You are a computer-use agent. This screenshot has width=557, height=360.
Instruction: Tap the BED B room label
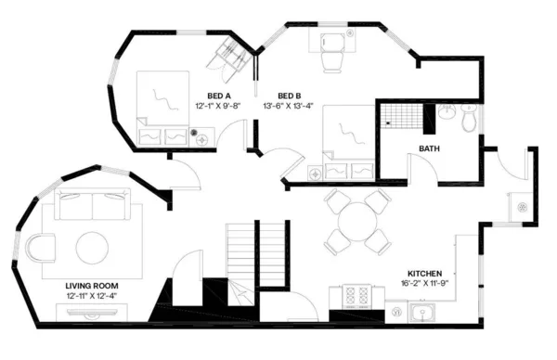[290, 96]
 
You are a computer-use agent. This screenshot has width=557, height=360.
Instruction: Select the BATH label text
[429, 148]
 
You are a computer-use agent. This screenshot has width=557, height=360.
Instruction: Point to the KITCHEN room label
[425, 274]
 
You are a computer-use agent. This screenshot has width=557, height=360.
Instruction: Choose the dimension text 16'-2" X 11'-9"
[425, 284]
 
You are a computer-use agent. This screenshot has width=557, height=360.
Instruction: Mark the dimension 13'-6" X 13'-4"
[290, 106]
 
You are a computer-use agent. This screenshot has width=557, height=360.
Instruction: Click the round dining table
[356, 223]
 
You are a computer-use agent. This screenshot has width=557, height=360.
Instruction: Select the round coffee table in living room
[93, 247]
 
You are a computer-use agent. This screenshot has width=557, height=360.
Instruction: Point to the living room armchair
[42, 248]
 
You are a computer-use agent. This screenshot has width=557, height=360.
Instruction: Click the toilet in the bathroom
[468, 119]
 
